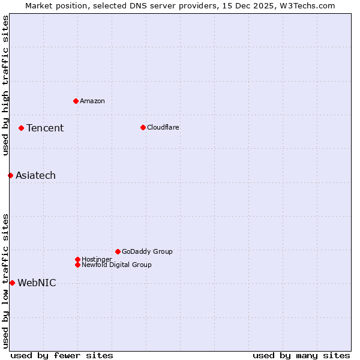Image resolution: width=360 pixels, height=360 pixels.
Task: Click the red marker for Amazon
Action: (76, 101)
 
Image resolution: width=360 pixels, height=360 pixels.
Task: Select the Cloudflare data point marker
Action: (143, 127)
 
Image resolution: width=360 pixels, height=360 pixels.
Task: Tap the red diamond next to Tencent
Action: (21, 128)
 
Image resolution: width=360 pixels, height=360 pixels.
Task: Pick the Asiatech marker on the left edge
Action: (10, 175)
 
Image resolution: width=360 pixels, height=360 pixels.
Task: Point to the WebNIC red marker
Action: (12, 283)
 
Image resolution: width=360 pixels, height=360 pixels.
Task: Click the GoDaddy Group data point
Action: (118, 251)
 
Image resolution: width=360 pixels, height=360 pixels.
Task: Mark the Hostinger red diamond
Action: (77, 259)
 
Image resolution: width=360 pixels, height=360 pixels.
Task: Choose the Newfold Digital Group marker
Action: (77, 265)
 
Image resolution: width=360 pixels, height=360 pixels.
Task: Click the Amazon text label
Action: (92, 101)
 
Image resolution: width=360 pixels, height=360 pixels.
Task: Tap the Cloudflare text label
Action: (163, 127)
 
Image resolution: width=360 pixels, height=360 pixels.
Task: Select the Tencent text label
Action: (45, 128)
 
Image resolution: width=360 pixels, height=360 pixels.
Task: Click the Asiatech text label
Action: (35, 175)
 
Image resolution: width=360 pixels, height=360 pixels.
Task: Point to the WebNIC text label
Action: (37, 283)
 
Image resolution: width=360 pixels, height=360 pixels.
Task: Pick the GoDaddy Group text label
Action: (147, 251)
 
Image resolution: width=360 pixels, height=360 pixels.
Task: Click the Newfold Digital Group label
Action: (116, 265)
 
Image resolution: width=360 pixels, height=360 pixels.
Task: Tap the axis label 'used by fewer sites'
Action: (62, 355)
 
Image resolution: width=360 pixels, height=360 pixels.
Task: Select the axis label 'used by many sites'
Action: (301, 355)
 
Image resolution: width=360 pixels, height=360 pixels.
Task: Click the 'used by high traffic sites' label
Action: (5, 86)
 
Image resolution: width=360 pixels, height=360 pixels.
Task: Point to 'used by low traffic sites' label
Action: (5, 281)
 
